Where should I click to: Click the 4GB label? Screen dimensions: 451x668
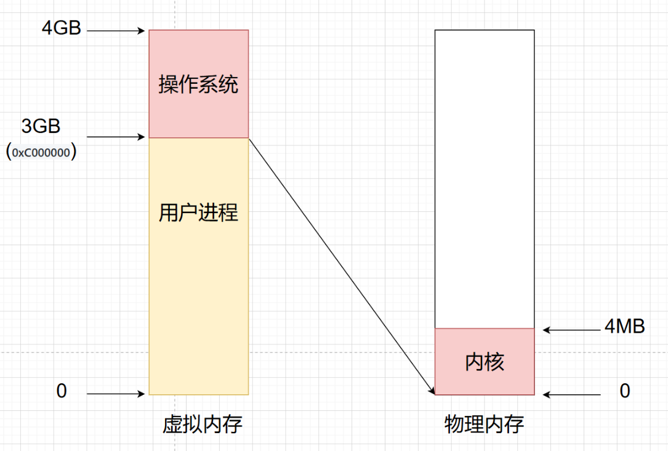click(x=62, y=28)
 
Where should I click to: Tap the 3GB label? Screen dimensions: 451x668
click(x=41, y=126)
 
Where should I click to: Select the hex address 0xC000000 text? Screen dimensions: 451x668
click(x=41, y=153)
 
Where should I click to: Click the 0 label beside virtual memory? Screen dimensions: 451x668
click(x=62, y=391)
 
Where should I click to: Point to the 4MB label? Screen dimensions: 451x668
click(x=625, y=327)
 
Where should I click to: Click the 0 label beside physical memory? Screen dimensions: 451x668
click(x=625, y=391)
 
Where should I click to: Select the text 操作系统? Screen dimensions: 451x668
click(x=198, y=84)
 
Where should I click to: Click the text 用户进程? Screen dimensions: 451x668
click(x=198, y=213)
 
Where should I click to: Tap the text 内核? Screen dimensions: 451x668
click(x=485, y=362)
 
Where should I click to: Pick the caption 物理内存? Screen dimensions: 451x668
click(x=484, y=425)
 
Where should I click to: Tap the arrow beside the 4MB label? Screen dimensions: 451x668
click(x=571, y=330)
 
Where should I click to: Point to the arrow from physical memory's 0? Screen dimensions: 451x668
click(x=571, y=394)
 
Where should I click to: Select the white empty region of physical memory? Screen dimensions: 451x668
click(x=485, y=179)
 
